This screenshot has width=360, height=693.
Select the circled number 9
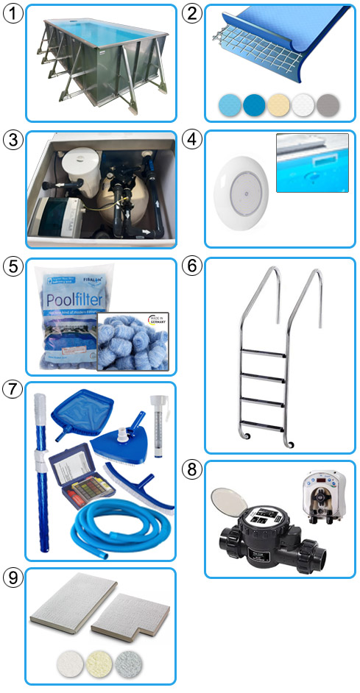13,577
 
